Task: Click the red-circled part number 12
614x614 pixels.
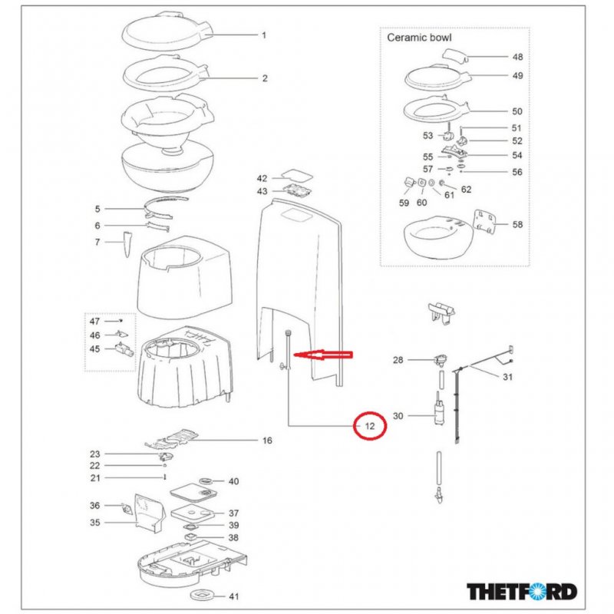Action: [369, 425]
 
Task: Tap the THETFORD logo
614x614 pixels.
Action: [522, 592]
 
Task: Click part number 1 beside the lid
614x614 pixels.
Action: [264, 35]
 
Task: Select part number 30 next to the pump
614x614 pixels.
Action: [398, 416]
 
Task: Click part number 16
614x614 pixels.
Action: [267, 441]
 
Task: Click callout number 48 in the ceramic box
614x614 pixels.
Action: [517, 57]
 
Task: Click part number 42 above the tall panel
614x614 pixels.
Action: [262, 178]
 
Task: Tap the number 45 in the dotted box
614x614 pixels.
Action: [95, 349]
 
